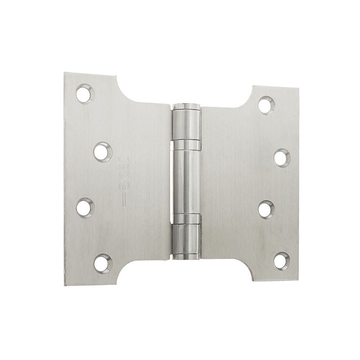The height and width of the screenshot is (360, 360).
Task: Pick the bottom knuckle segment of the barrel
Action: [x=186, y=235]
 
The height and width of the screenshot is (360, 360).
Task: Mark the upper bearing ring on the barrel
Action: [x=186, y=145]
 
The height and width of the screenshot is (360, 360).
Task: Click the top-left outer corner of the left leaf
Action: [x=65, y=73]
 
